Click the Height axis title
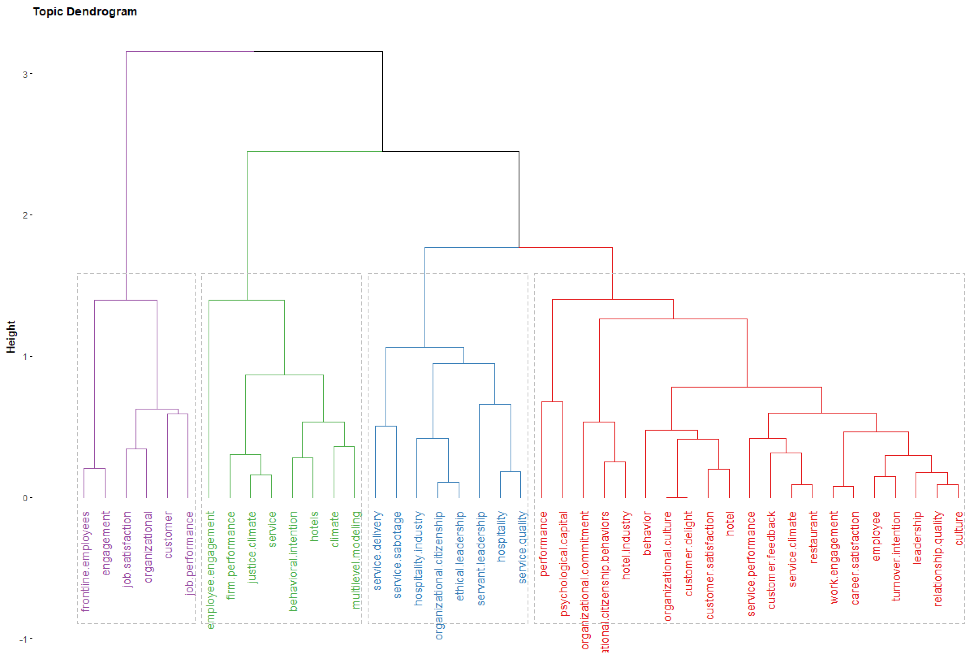(x=11, y=337)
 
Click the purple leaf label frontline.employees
(x=85, y=561)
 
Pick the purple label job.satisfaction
(x=127, y=549)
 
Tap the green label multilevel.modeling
(x=356, y=560)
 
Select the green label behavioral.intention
(x=293, y=561)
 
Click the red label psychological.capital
(x=564, y=563)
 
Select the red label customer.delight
(x=689, y=553)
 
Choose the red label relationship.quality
(x=938, y=559)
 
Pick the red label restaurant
(x=813, y=537)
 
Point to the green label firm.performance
(x=231, y=555)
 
